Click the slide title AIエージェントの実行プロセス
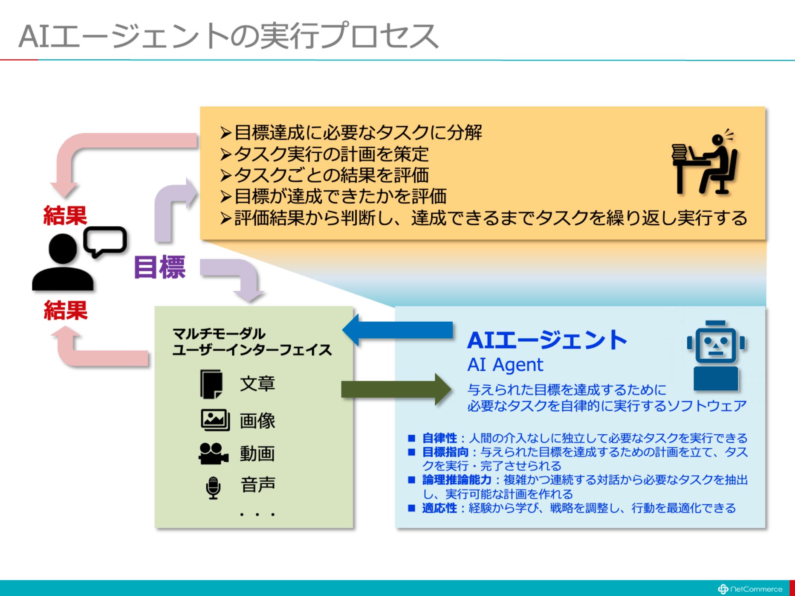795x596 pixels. (x=228, y=36)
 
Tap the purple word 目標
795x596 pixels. (x=160, y=267)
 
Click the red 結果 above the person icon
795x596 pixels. (x=65, y=215)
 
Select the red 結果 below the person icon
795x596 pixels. (x=66, y=310)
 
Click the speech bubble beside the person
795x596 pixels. (x=105, y=241)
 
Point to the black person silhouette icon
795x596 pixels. (x=63, y=263)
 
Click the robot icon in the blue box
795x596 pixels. (x=716, y=355)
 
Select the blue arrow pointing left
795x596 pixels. (x=397, y=330)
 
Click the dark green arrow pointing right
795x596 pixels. (x=396, y=389)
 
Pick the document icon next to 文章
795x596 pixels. (x=211, y=384)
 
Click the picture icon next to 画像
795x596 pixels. (x=215, y=420)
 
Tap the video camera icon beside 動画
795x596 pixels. (x=214, y=453)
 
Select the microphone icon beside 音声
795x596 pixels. (x=213, y=488)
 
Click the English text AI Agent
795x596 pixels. (x=505, y=365)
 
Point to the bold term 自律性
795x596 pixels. (x=439, y=438)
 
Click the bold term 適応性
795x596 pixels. (x=439, y=508)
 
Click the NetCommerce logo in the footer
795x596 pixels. (x=750, y=589)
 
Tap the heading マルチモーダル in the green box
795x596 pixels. (x=219, y=333)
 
